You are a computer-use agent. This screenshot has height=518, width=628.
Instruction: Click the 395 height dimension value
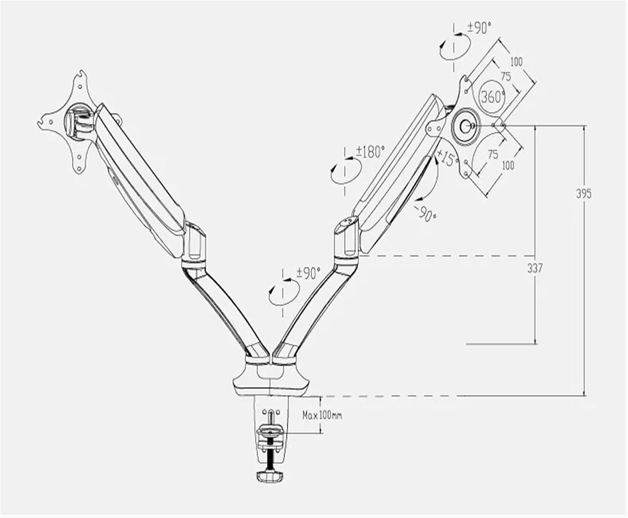584,194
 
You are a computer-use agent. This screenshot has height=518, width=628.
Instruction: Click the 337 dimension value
534,268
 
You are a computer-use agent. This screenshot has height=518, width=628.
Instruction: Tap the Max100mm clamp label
322,416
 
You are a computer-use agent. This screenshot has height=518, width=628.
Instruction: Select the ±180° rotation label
370,152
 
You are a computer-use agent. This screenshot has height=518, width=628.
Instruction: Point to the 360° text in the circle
492,97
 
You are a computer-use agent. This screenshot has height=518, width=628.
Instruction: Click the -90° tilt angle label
427,213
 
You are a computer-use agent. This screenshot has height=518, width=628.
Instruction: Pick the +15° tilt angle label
446,158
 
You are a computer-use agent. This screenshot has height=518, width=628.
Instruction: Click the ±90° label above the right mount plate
479,28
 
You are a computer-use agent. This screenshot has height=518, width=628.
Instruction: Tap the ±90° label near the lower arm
308,273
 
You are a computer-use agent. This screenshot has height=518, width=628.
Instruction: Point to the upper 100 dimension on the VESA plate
516,62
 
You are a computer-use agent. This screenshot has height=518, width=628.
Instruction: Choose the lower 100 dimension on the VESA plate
508,165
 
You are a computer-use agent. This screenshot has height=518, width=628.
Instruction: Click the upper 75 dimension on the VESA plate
505,77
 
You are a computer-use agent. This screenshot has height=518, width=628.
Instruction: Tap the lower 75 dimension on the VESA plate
493,154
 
